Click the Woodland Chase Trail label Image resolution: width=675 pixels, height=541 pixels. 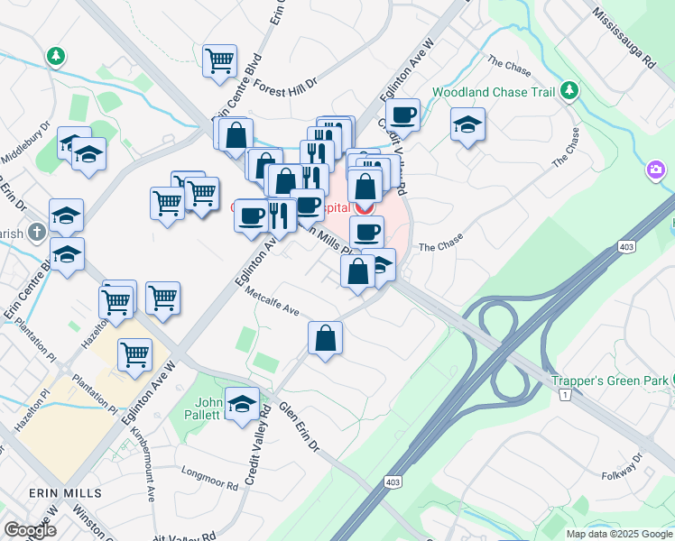pyautogui.click(x=493, y=92)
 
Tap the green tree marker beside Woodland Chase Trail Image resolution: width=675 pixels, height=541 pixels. pyautogui.click(x=569, y=90)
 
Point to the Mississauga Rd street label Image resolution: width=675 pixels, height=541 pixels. pyautogui.click(x=624, y=40)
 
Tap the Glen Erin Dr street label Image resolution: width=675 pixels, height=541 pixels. pyautogui.click(x=299, y=428)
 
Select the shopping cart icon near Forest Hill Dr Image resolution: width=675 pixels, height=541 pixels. pyautogui.click(x=219, y=62)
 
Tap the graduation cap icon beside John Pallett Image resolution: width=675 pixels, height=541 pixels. pyautogui.click(x=242, y=405)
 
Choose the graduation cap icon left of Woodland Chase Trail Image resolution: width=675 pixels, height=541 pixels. pyautogui.click(x=468, y=125)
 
